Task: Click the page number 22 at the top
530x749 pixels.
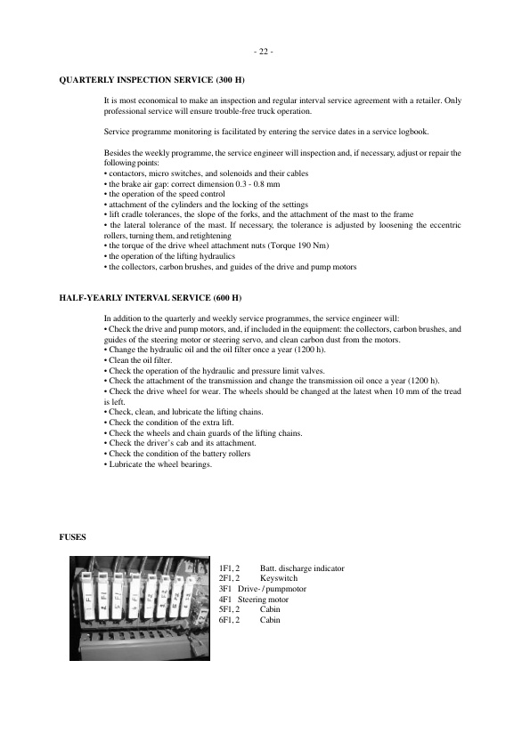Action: (x=265, y=51)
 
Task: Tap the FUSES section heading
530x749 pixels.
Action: (x=71, y=537)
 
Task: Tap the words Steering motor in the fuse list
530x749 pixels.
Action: (x=264, y=600)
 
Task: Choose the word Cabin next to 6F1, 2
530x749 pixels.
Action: (x=270, y=620)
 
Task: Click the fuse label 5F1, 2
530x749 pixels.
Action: (x=230, y=609)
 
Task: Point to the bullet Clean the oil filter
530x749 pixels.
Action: (x=138, y=360)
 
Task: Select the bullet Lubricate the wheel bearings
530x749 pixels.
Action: (x=159, y=464)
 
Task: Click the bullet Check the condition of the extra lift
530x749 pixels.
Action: (x=164, y=423)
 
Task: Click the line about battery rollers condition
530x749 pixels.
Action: (x=177, y=454)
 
